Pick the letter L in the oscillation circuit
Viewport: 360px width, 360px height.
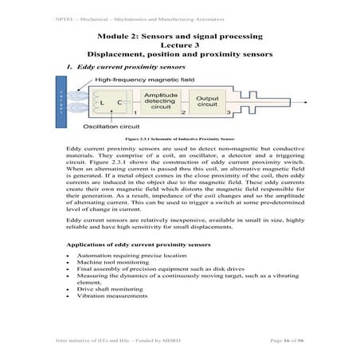click(x=101, y=103)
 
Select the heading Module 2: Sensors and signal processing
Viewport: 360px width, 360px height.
click(x=179, y=37)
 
